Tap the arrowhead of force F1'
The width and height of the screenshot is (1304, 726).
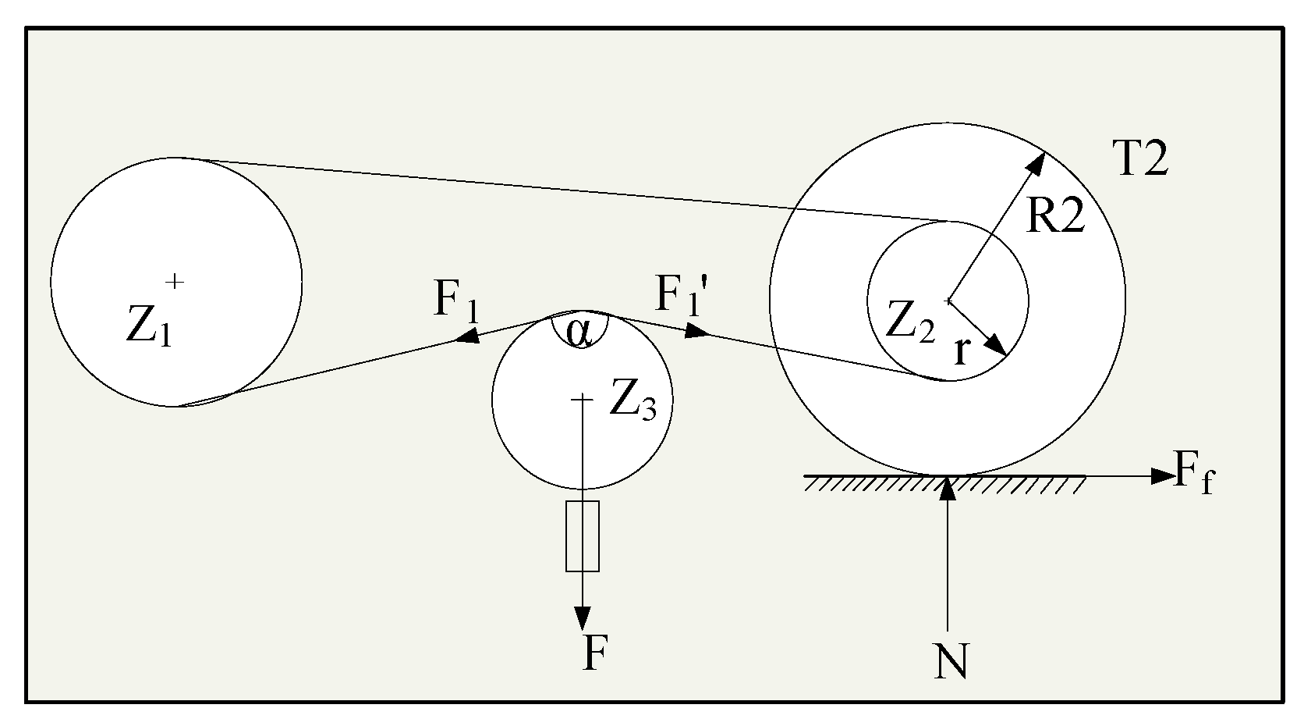[x=697, y=333]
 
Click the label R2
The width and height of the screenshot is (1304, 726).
[x=1054, y=217]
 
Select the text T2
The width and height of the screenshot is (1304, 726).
[x=1139, y=160]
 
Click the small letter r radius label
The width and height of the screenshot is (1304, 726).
[x=961, y=353]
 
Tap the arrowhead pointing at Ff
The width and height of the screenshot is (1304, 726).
[x=1164, y=475]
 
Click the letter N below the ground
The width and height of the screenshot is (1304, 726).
[x=951, y=663]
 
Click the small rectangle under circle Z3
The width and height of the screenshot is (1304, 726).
[x=582, y=536]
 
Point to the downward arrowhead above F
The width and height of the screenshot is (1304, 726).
[x=582, y=619]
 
